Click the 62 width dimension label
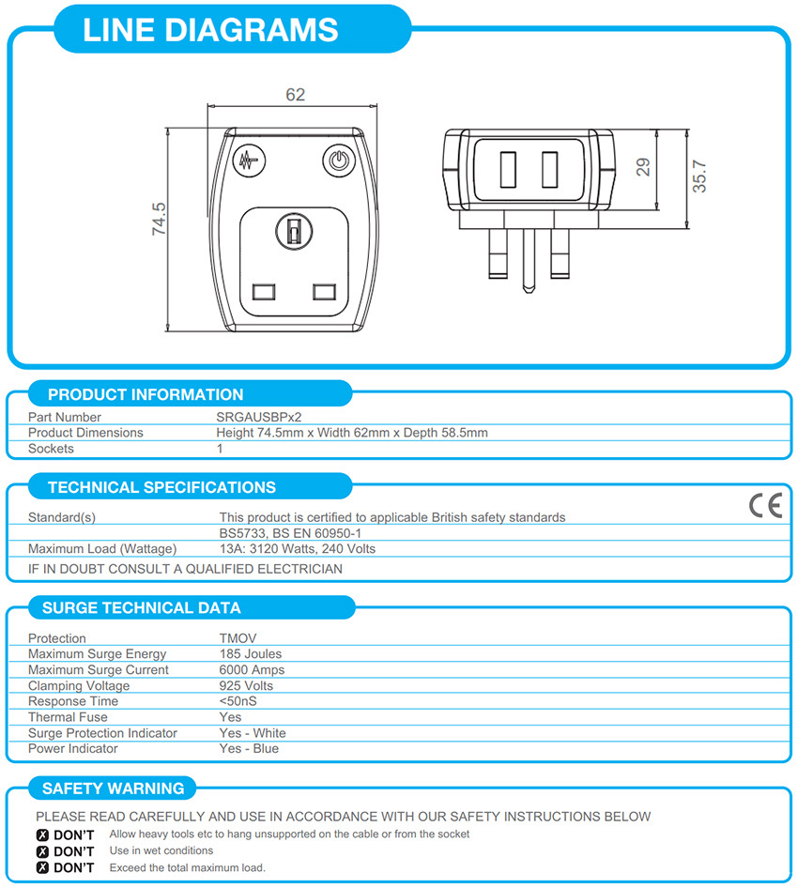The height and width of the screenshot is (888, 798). tap(295, 95)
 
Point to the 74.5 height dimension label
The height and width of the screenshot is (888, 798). tap(159, 219)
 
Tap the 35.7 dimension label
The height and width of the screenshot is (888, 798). tap(698, 176)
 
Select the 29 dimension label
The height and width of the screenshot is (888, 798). tap(643, 167)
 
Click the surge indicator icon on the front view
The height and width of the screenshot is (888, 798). tap(249, 161)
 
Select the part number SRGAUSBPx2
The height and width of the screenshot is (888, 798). tap(258, 417)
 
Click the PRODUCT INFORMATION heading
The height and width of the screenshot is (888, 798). tap(146, 394)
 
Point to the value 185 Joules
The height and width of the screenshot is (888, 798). tap(251, 653)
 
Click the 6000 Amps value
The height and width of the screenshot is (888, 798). tap(252, 669)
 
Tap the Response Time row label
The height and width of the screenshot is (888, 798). tap(73, 701)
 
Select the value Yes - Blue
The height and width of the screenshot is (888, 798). tap(249, 748)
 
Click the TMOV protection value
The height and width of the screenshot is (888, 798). tap(238, 638)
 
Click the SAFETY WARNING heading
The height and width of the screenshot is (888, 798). tap(114, 788)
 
